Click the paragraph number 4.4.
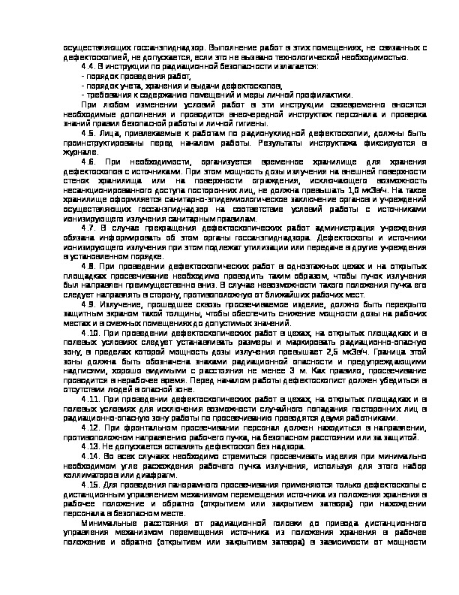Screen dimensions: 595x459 (86, 66)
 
